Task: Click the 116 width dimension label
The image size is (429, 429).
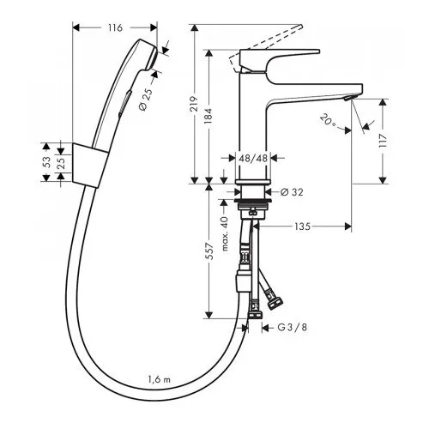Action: click(x=115, y=27)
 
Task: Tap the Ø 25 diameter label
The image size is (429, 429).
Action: click(x=146, y=100)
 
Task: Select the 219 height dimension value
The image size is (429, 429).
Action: click(x=195, y=104)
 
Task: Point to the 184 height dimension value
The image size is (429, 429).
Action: click(x=209, y=116)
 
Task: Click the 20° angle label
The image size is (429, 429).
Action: click(x=328, y=120)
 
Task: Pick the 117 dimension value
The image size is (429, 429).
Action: click(x=383, y=141)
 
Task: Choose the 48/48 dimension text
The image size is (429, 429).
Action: click(x=252, y=158)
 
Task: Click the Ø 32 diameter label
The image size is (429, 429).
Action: click(x=292, y=192)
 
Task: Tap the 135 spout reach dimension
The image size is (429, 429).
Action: click(x=302, y=227)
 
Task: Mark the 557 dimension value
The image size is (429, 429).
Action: click(x=209, y=251)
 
